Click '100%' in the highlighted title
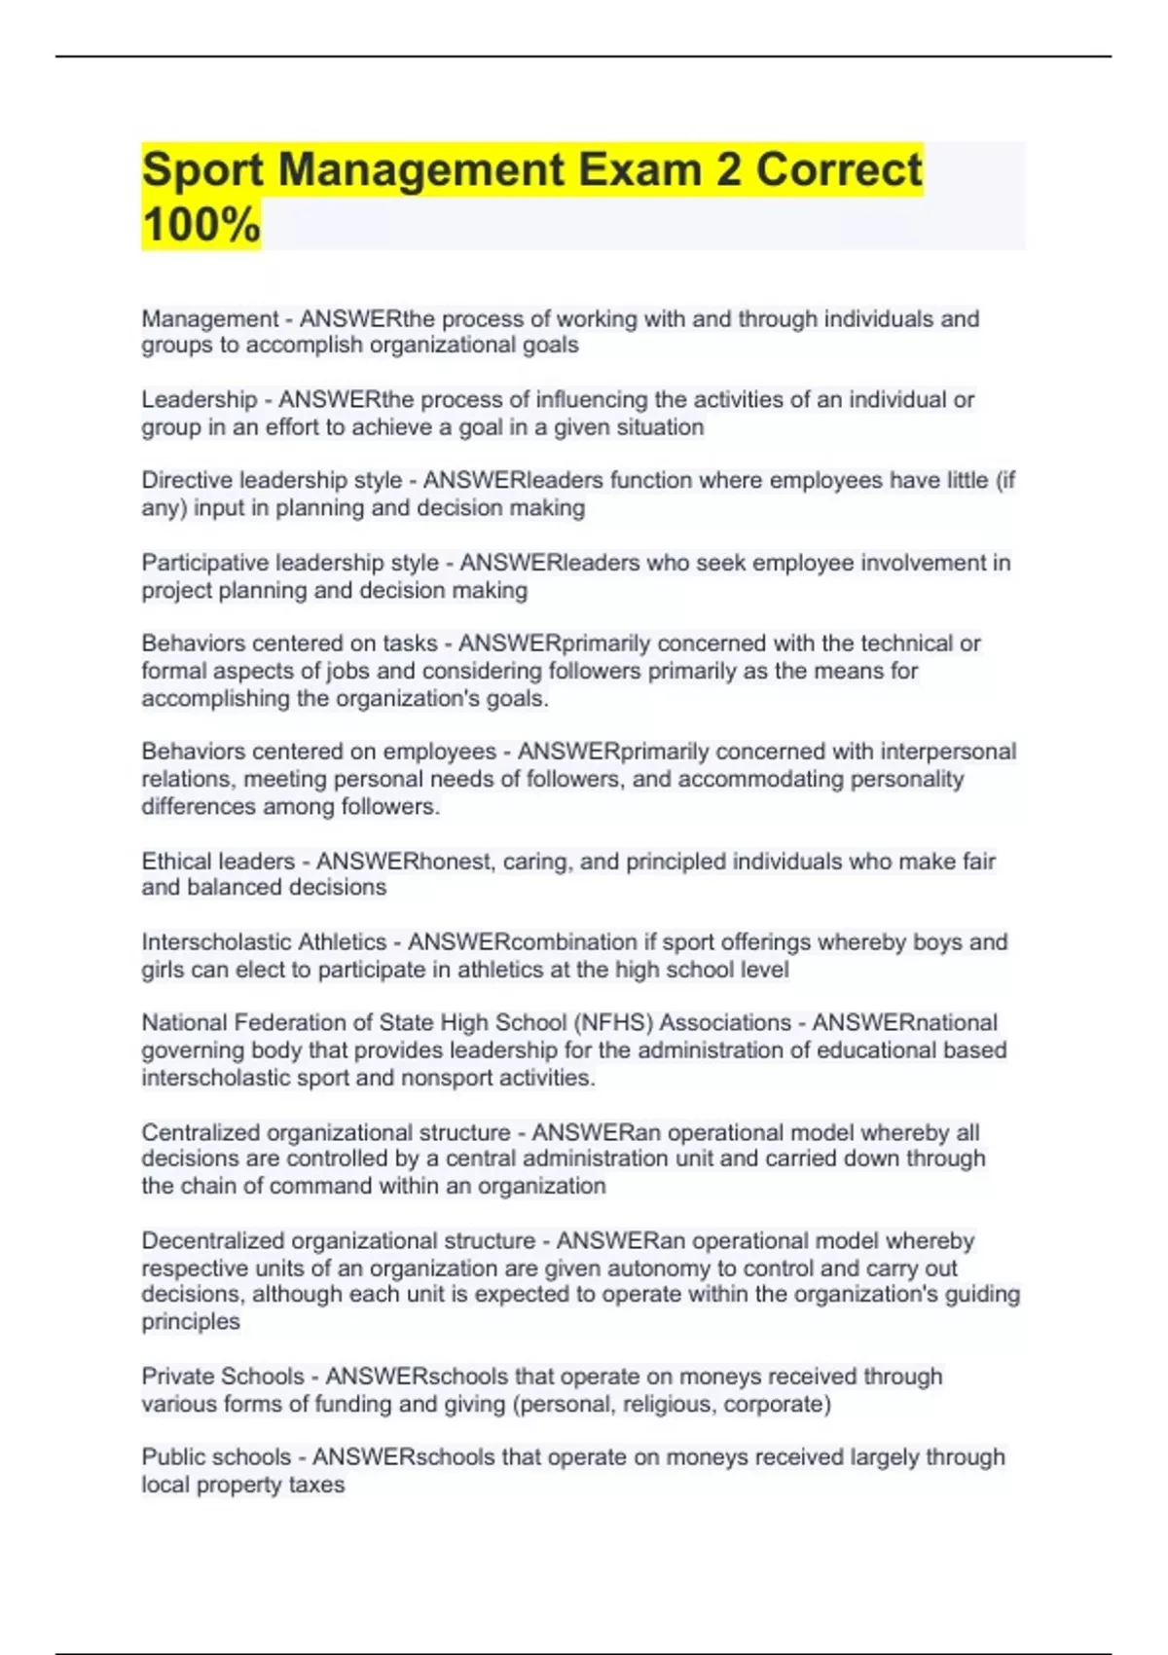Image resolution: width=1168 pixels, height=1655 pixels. click(201, 224)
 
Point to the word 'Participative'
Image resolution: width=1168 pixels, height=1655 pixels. click(205, 563)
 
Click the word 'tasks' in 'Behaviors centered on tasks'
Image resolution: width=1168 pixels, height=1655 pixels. click(411, 644)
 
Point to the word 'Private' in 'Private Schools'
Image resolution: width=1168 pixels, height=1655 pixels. click(178, 1377)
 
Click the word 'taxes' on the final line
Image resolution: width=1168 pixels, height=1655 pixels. click(316, 1486)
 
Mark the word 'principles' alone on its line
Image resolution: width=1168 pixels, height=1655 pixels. click(190, 1322)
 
